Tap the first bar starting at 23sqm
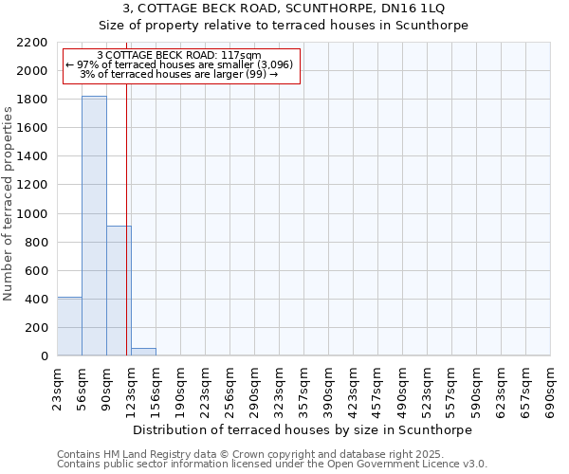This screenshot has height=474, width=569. pyautogui.click(x=69, y=326)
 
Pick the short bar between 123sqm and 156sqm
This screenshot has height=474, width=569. pyautogui.click(x=143, y=352)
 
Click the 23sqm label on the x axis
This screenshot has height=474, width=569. pyautogui.click(x=58, y=389)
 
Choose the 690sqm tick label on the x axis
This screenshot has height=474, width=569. pyautogui.click(x=551, y=389)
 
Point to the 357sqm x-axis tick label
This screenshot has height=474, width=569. pyautogui.click(x=304, y=389)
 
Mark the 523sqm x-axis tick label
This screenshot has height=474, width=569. pyautogui.click(x=428, y=389)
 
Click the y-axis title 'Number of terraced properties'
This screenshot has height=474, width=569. pyautogui.click(x=9, y=204)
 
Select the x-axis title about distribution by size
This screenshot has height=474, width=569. pyautogui.click(x=303, y=429)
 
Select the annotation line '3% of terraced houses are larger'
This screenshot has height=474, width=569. pyautogui.click(x=179, y=74)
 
